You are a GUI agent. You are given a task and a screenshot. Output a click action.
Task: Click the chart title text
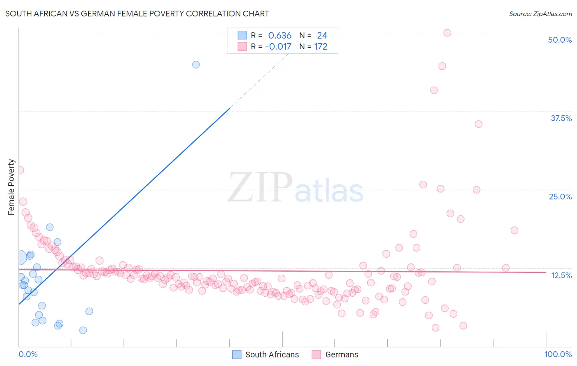(x=137, y=14)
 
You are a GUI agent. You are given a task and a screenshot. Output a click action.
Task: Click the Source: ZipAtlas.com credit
(x=540, y=14)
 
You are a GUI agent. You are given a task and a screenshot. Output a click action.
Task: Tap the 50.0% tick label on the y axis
(x=560, y=40)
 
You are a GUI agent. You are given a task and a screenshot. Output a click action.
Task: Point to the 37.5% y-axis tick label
(x=561, y=118)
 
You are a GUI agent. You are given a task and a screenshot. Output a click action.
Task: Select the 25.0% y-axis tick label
(x=560, y=197)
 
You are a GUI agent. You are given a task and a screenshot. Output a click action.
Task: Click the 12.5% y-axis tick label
(x=561, y=275)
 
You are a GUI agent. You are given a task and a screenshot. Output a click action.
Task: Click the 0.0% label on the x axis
(x=28, y=354)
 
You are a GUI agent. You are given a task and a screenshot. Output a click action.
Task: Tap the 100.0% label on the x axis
(x=558, y=354)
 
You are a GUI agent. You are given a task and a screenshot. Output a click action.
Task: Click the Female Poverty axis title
(x=11, y=187)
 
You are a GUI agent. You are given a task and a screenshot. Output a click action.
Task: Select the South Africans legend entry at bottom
(x=266, y=355)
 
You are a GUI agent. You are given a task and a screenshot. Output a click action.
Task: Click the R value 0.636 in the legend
(x=279, y=36)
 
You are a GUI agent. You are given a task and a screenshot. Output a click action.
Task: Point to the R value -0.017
(x=278, y=47)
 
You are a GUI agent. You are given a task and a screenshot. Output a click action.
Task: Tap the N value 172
(x=321, y=47)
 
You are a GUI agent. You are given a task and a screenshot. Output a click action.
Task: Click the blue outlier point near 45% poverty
(x=196, y=64)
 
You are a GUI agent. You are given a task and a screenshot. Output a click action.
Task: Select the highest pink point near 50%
(x=447, y=33)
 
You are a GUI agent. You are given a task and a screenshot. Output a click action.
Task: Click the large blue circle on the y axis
(x=19, y=258)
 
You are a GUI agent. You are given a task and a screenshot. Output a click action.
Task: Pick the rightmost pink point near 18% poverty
(x=514, y=230)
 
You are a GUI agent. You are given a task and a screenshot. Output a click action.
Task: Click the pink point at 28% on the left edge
(x=20, y=170)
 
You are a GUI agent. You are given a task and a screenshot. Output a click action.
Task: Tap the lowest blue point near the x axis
(x=83, y=330)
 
